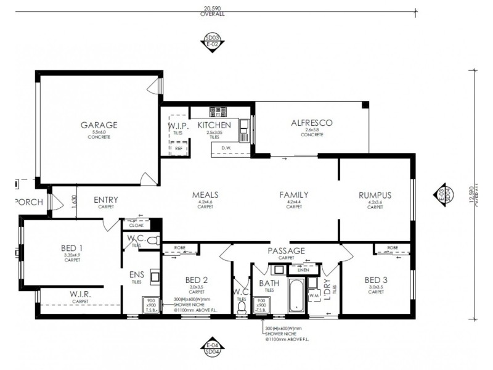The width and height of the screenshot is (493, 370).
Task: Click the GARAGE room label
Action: [x=99, y=125]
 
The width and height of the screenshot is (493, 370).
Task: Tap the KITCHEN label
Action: [x=214, y=125]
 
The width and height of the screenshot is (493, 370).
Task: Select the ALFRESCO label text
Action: [x=311, y=123]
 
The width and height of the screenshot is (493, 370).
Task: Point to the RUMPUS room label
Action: [x=375, y=195]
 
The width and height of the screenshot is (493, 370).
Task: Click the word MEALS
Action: [x=205, y=195]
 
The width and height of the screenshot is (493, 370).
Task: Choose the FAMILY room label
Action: [x=294, y=195]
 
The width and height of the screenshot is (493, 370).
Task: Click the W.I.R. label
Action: [x=80, y=295]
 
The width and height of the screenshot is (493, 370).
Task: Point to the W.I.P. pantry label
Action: [x=177, y=126]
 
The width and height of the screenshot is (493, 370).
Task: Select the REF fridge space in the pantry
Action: [x=179, y=148]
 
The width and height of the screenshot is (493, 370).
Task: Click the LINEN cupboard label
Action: [x=303, y=269]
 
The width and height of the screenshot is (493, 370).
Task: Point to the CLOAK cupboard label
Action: [x=136, y=226]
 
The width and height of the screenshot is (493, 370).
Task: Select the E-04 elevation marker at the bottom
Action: [x=212, y=346]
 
